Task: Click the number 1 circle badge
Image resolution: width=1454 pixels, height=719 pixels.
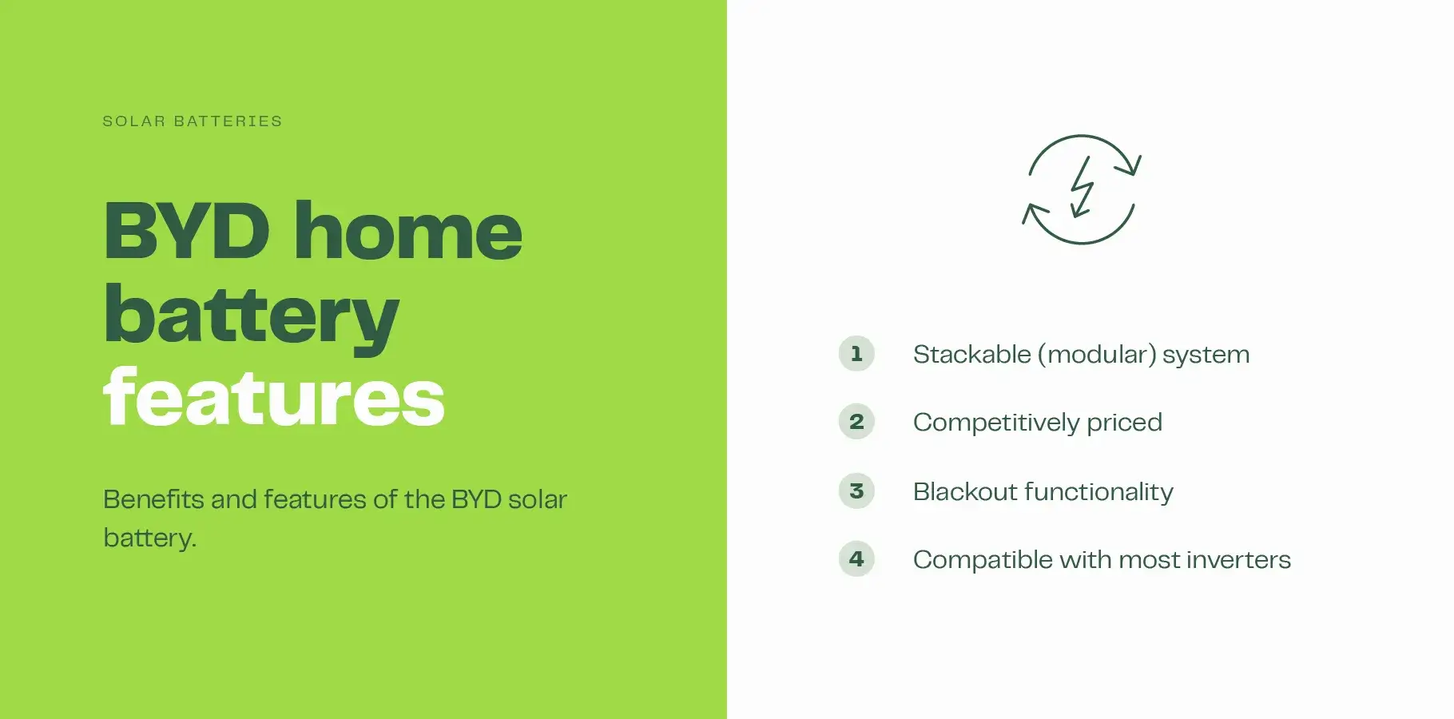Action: coord(856,353)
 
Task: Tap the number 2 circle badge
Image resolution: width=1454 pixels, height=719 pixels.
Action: coord(856,421)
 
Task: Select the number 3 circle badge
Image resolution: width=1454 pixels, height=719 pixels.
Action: coord(856,491)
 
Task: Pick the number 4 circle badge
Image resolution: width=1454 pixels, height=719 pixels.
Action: coord(856,558)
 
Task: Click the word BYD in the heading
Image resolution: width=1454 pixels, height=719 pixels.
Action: coord(187,232)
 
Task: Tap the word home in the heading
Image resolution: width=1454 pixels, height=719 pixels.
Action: coord(408,232)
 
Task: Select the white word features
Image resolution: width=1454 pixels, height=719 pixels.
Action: coord(273,398)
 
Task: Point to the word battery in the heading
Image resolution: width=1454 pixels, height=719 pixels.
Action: coord(251,316)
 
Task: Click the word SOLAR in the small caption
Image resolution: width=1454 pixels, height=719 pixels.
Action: coord(134,121)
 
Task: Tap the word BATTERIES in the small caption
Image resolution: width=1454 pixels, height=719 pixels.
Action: coord(228,121)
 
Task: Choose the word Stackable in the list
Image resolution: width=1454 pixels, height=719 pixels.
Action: coord(971,354)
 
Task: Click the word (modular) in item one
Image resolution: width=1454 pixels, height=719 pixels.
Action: coord(1096,354)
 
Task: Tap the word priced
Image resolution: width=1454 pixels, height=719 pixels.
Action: coord(1124,423)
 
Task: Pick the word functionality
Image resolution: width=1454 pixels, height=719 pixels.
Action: coord(1098,491)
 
